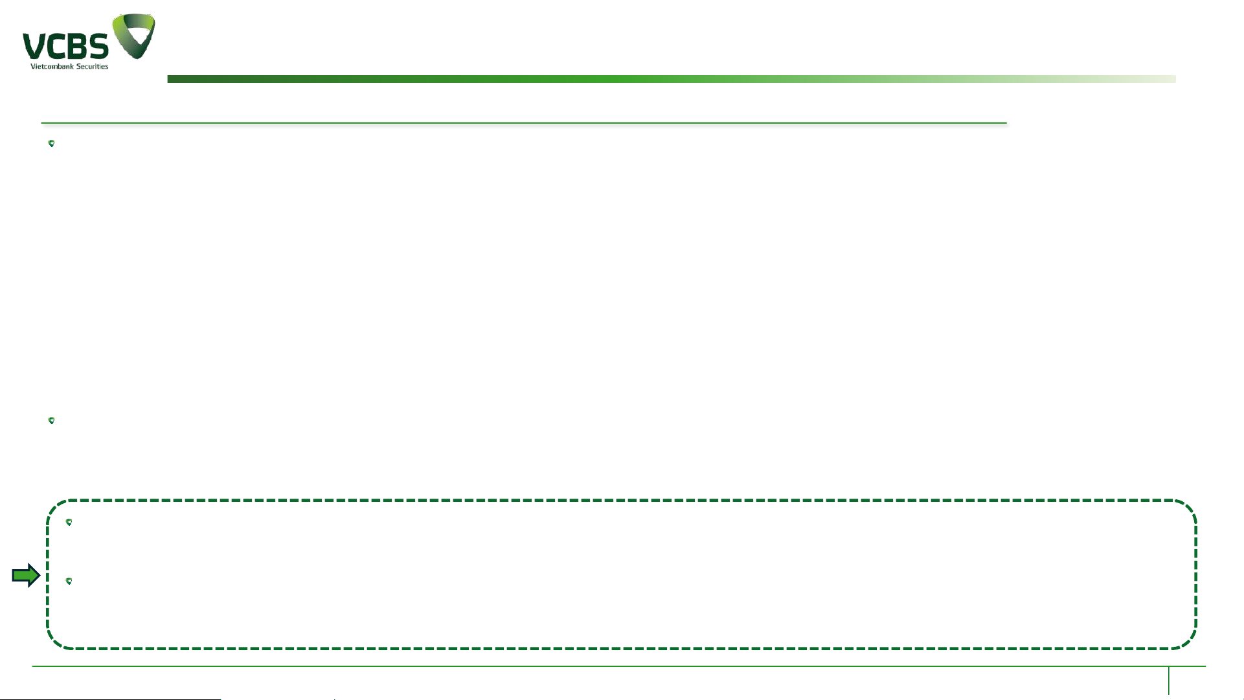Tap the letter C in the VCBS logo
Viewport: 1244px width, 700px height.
tap(56, 47)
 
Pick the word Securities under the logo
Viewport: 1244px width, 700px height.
tap(92, 66)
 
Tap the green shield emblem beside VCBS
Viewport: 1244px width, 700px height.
tap(134, 36)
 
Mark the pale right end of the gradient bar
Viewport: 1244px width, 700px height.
tap(1169, 79)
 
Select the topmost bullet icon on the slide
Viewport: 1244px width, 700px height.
tap(52, 144)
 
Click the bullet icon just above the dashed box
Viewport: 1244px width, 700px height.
tap(52, 421)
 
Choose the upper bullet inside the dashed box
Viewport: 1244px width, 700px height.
tap(69, 523)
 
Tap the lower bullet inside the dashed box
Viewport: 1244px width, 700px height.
tap(69, 581)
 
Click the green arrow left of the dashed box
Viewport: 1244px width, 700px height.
tap(26, 575)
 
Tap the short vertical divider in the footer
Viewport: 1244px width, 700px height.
tap(1169, 680)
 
